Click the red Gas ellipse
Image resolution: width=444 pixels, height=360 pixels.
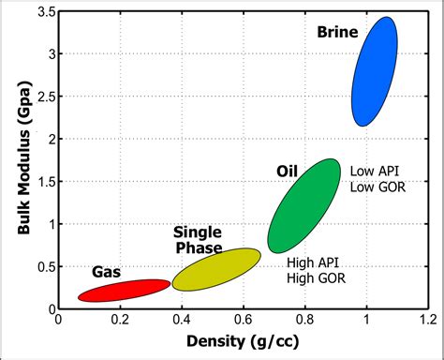coord(124,291)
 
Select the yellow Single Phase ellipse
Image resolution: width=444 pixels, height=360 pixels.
coord(216,270)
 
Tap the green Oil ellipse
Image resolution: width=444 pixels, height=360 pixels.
coord(304,206)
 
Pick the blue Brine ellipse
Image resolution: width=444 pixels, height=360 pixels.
coord(375,71)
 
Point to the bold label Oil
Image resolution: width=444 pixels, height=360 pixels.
coord(287,171)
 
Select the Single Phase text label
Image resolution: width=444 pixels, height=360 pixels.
coord(198,240)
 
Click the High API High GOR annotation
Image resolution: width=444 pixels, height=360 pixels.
coord(317,271)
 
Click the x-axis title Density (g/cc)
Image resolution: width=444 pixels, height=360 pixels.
coord(241,343)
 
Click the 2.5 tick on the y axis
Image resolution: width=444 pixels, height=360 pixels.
coord(42,97)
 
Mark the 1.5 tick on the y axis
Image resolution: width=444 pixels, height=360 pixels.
coord(42,181)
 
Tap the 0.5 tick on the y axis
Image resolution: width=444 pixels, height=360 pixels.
coord(42,266)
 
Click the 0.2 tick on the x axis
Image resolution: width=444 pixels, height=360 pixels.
coord(120,320)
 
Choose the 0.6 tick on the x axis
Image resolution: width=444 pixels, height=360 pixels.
coord(244,320)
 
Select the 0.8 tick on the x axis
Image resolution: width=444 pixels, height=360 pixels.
coord(305,320)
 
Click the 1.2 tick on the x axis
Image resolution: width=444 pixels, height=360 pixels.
coord(427,320)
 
